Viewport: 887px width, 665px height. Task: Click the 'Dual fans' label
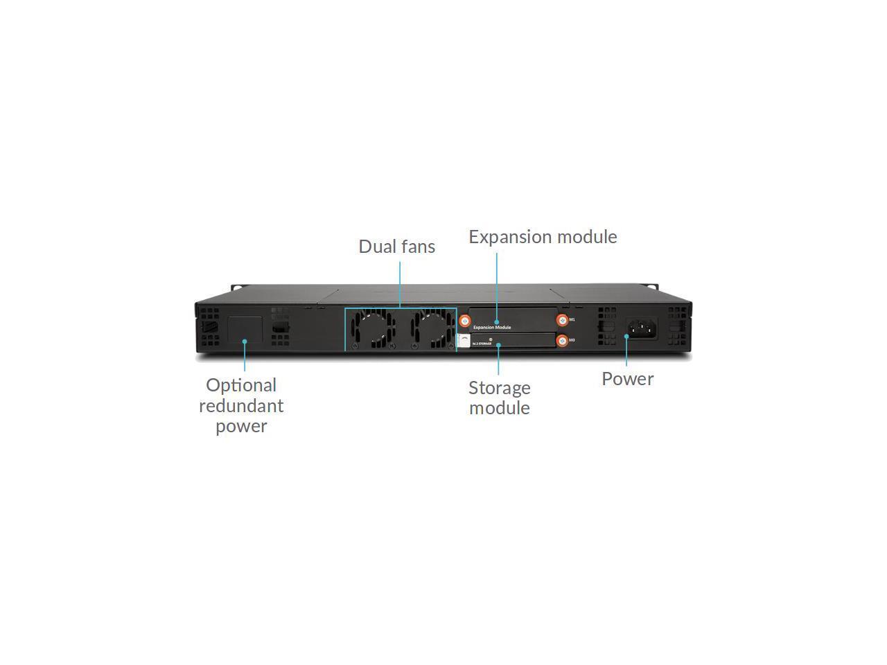click(396, 247)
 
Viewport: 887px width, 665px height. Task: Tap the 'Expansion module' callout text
click(543, 237)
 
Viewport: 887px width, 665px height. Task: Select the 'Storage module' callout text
click(499, 398)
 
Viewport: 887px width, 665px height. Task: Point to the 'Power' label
click(627, 379)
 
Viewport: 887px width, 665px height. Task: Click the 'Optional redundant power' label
click(241, 405)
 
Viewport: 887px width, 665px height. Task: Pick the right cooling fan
click(430, 328)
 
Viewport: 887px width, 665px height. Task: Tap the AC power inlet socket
click(642, 328)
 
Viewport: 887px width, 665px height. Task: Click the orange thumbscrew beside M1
click(562, 320)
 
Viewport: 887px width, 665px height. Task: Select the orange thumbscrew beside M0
click(562, 341)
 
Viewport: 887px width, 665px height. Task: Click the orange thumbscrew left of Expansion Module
click(466, 321)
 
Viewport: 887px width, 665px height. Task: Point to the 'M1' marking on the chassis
click(572, 320)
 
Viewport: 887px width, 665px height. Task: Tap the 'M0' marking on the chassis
click(572, 340)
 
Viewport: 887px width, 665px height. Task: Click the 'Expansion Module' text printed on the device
click(492, 327)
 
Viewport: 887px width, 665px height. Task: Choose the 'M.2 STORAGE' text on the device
click(482, 344)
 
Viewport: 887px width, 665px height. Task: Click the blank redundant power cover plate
click(245, 329)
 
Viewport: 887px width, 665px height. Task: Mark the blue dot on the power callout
click(626, 337)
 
